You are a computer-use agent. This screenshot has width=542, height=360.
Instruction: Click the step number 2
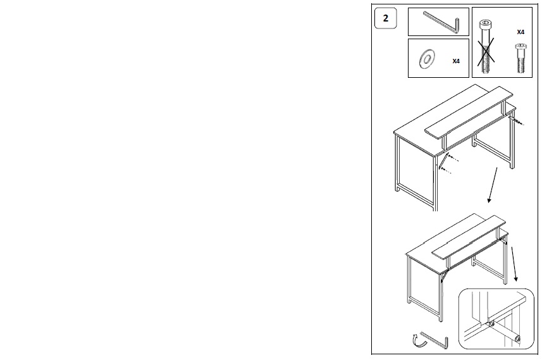coord(385,18)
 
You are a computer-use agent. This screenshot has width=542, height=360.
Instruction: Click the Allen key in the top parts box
coord(441,21)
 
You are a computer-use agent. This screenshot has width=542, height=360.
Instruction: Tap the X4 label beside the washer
coord(456,61)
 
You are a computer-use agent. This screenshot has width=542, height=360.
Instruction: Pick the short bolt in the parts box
coord(520,58)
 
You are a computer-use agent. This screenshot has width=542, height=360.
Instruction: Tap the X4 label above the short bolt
coord(520,32)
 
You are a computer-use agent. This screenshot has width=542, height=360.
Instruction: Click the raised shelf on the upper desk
coord(469,112)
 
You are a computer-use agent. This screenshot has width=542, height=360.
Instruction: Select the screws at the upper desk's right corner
coord(517,121)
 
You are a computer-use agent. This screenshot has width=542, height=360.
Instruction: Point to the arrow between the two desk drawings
coord(493,185)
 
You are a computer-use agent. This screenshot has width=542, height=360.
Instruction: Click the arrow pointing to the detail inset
coord(514,264)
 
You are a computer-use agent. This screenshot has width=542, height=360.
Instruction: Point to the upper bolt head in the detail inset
coord(491,325)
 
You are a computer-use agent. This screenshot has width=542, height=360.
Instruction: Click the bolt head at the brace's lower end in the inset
coord(517,338)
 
